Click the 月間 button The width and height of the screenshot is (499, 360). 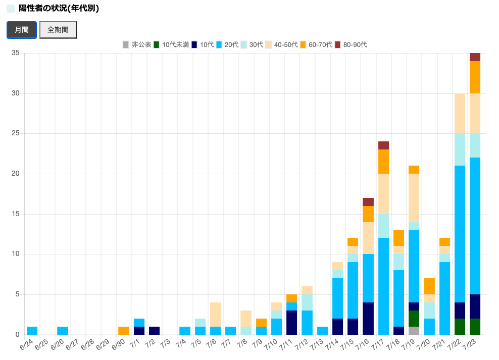click(22, 30)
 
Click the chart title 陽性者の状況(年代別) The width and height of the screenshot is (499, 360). click(59, 9)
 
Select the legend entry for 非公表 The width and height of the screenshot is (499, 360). click(137, 45)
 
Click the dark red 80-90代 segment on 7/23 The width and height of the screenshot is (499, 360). click(475, 57)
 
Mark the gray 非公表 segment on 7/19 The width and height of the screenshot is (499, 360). click(414, 331)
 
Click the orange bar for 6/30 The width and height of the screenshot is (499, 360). click(124, 331)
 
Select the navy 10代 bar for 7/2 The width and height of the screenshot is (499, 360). click(155, 331)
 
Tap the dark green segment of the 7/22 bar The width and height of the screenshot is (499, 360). click(460, 327)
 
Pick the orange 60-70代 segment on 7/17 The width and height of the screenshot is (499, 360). click(383, 162)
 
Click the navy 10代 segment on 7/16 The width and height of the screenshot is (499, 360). click(368, 319)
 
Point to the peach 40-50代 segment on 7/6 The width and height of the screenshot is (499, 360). click(216, 315)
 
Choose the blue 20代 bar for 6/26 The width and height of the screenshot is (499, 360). click(63, 331)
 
